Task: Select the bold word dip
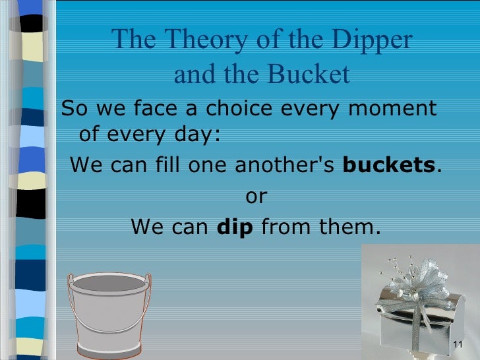tap(235, 227)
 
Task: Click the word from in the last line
tap(284, 227)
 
